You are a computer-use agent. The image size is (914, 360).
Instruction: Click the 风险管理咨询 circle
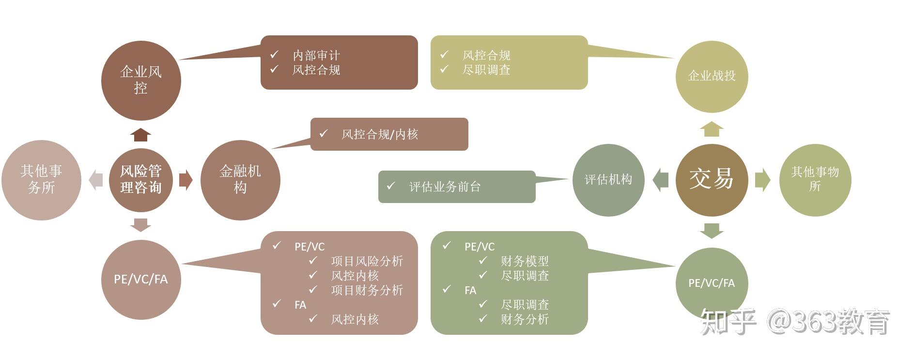140,180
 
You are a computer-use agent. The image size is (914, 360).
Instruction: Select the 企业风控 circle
140,80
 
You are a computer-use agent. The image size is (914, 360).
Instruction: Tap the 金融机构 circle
240,180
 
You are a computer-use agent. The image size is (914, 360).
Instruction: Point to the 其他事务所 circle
41,180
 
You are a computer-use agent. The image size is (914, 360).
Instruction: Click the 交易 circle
711,180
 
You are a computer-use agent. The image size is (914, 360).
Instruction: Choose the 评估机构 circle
608,180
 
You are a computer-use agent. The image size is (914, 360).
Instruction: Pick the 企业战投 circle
712,77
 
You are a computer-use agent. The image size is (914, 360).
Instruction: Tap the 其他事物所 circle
815,180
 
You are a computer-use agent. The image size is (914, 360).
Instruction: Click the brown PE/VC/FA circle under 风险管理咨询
140,280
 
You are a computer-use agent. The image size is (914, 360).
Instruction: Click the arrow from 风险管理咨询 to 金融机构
186,180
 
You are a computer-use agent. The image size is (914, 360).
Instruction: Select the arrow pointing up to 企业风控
140,135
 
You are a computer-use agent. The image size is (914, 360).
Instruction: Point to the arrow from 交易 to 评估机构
660,180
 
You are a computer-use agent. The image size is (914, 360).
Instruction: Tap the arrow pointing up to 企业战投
712,129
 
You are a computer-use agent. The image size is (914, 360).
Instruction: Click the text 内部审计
316,55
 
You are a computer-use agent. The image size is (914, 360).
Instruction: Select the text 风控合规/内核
380,134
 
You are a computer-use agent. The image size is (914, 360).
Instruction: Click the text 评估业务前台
445,187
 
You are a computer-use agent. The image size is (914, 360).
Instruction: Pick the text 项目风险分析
367,261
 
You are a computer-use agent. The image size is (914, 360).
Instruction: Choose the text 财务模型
525,261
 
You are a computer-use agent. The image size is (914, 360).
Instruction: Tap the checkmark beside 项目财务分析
313,290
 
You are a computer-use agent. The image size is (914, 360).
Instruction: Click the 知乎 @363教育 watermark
794,321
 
